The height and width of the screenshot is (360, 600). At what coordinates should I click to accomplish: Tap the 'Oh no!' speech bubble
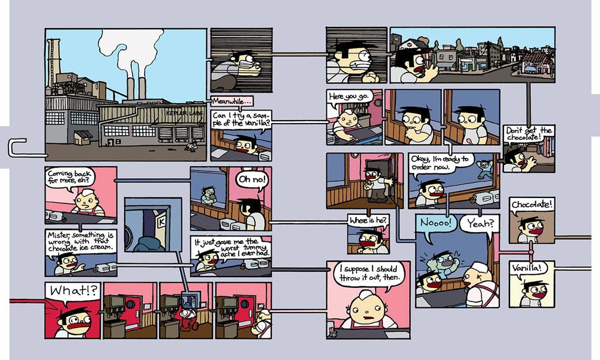click(252, 179)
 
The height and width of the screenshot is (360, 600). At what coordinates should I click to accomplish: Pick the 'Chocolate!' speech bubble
click(532, 205)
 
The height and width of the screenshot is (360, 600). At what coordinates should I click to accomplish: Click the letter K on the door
click(160, 221)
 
